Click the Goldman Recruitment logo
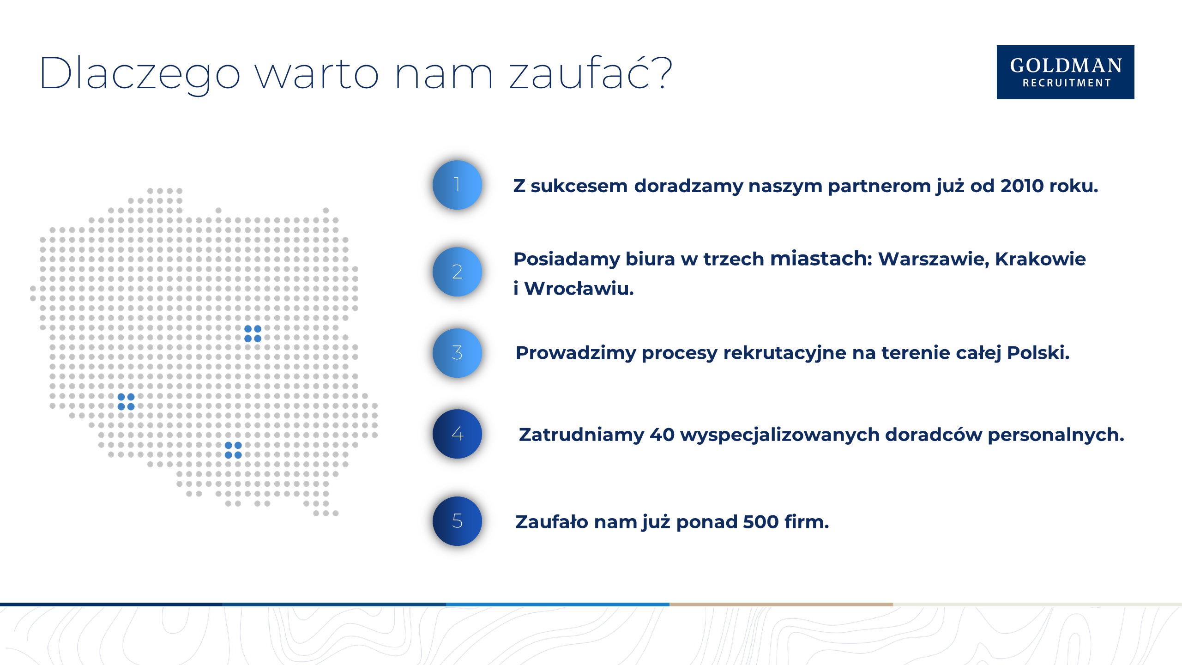pyautogui.click(x=1065, y=72)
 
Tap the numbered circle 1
pyautogui.click(x=457, y=185)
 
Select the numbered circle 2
pyautogui.click(x=457, y=272)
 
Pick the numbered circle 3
pyautogui.click(x=457, y=353)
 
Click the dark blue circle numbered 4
pyautogui.click(x=457, y=434)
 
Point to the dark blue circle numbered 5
pyautogui.click(x=457, y=521)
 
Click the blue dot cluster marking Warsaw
pyautogui.click(x=253, y=333)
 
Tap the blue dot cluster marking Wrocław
pyautogui.click(x=126, y=401)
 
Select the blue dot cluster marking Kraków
pyautogui.click(x=233, y=450)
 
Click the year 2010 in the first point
pyautogui.click(x=1022, y=186)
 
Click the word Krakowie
pyautogui.click(x=1040, y=259)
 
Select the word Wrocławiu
pyautogui.click(x=579, y=289)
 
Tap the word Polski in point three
pyautogui.click(x=1038, y=353)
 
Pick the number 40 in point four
pyautogui.click(x=662, y=435)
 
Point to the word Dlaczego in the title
pyautogui.click(x=140, y=74)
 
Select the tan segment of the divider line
pyautogui.click(x=781, y=604)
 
